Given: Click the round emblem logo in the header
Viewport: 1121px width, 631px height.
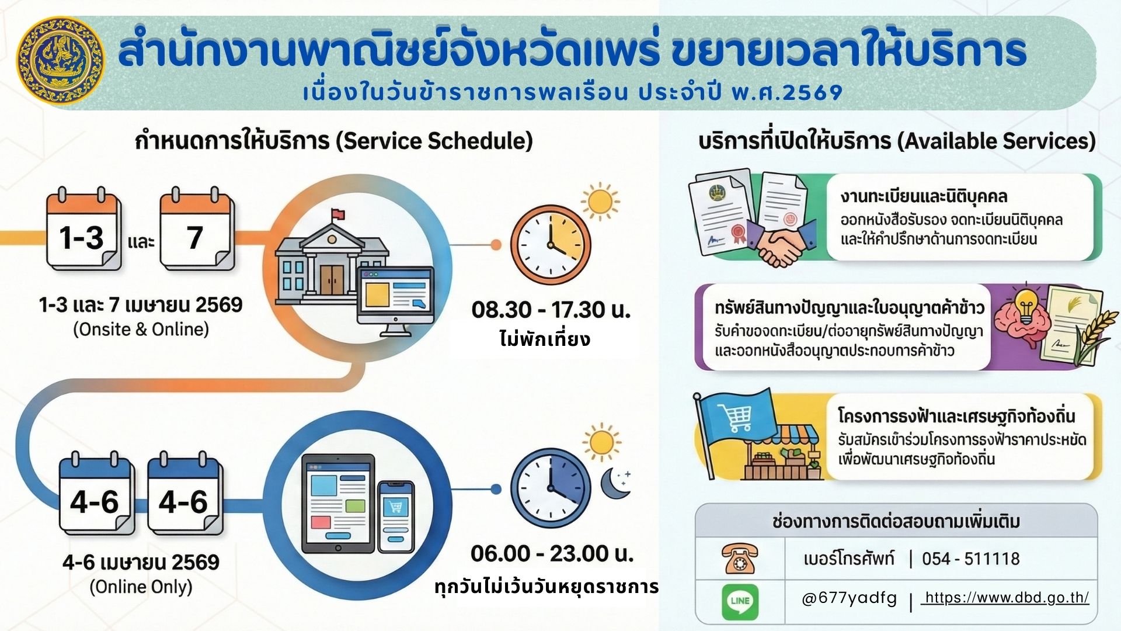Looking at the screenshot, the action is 61,61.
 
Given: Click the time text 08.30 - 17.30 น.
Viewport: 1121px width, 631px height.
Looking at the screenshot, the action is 551,310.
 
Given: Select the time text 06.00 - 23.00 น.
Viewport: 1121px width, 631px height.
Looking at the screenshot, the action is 552,553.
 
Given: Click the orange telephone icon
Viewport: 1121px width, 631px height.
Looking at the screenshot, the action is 740,558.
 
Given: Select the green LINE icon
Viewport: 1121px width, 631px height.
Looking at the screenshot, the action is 740,601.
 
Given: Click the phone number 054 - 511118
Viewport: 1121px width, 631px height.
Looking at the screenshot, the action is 970,559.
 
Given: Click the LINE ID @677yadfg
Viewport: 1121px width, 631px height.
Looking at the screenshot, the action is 850,598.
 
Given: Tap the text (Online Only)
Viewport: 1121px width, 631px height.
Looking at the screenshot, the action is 141,587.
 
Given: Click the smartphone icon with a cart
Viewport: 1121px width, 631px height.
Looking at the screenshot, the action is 396,517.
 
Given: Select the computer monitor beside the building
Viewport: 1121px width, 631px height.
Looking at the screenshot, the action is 395,299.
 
